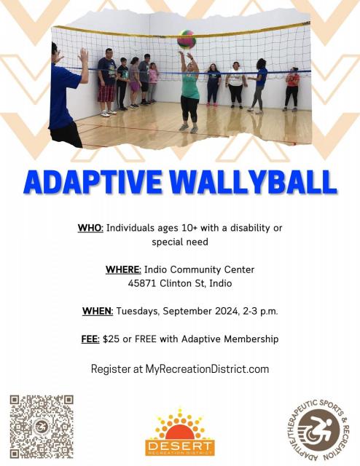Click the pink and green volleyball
pos(187,39)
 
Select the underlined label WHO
pos(90,228)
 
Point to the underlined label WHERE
pos(123,269)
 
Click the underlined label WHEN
pos(98,311)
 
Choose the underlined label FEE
pos(90,339)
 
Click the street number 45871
pos(142,283)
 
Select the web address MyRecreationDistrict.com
pos(207,369)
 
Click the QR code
pos(42,427)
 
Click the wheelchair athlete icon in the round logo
pos(319,430)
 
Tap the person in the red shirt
pos(292,89)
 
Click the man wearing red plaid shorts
pos(106,82)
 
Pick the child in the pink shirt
pos(153,82)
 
